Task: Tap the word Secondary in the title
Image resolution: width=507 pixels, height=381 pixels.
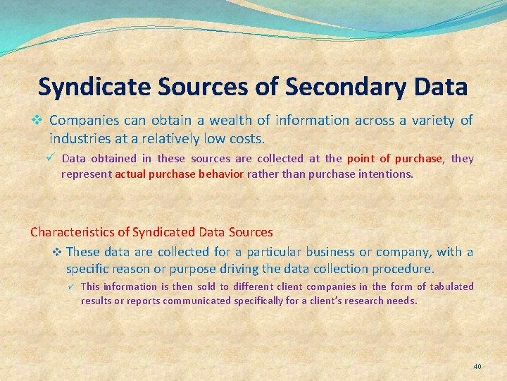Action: (x=338, y=87)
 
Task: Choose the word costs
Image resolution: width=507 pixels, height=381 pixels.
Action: (x=247, y=138)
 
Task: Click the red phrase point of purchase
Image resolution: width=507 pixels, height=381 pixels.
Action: (x=394, y=159)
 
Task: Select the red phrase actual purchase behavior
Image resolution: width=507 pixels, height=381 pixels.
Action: (x=180, y=174)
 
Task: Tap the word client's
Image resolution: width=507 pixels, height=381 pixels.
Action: (x=323, y=301)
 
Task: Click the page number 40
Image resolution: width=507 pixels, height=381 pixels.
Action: (x=477, y=367)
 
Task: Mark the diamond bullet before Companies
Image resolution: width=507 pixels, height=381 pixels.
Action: (x=39, y=121)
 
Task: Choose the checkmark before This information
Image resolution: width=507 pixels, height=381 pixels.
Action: (x=70, y=286)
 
